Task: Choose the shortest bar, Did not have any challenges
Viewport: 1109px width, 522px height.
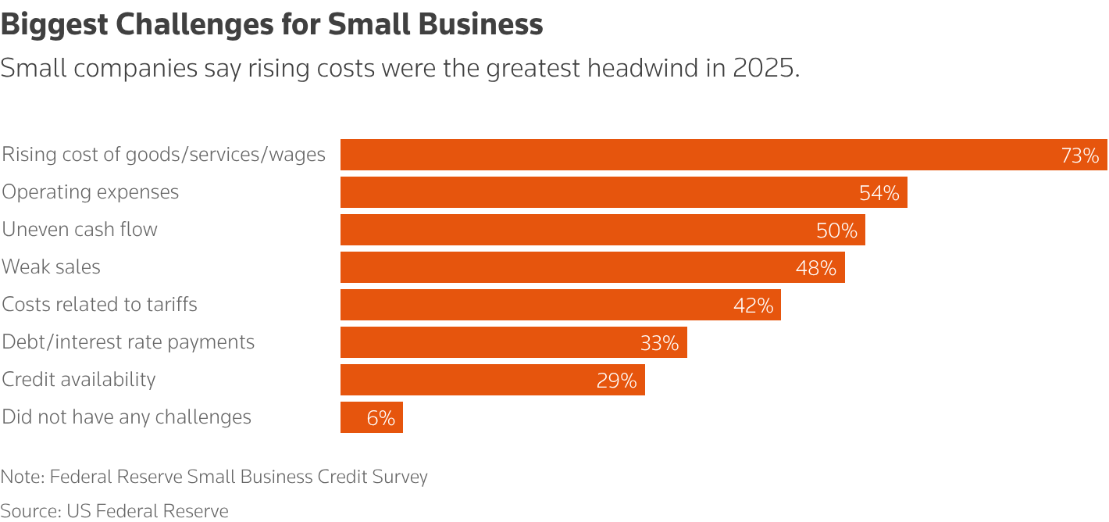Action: (371, 417)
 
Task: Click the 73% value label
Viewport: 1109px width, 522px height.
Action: (1079, 156)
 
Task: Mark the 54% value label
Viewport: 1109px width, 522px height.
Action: (879, 193)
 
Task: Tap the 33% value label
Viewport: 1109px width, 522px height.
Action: (659, 343)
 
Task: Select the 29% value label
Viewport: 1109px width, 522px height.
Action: (617, 381)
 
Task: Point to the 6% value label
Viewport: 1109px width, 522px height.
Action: (381, 418)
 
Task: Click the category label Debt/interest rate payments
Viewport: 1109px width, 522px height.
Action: (128, 342)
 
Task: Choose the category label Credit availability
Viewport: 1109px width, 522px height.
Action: (79, 380)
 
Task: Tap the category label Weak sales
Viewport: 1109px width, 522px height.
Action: (52, 267)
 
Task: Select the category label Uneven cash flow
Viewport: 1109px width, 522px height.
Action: (80, 230)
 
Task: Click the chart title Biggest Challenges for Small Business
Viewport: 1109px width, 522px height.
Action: (272, 25)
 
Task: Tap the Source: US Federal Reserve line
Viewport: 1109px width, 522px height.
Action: (115, 512)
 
